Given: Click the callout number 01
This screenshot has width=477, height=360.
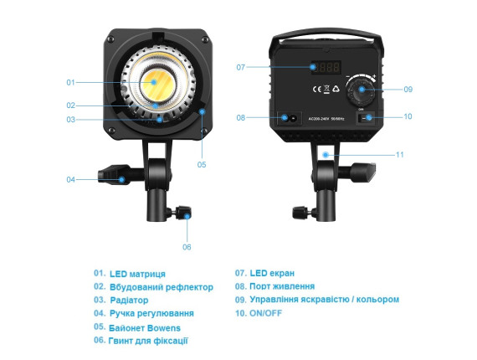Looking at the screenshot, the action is click(70, 83).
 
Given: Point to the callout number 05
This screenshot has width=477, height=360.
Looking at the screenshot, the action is click(202, 165).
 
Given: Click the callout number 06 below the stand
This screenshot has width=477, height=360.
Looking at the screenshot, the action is click(187, 247).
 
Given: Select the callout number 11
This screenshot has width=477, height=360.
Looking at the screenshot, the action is click(399, 155).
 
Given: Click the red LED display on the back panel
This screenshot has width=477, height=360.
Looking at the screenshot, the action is click(326, 67).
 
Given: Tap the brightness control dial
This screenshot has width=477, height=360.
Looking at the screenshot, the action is click(362, 90).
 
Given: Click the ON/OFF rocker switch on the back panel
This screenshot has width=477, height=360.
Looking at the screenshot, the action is click(366, 118).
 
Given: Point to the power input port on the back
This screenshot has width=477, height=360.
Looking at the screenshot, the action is click(290, 118).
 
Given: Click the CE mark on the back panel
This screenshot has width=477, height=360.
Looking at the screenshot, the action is click(317, 90).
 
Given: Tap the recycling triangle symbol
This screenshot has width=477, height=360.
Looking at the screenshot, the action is click(336, 89).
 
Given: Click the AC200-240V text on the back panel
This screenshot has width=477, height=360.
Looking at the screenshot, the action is click(319, 119).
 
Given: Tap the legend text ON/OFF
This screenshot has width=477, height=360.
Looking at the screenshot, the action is click(265, 313).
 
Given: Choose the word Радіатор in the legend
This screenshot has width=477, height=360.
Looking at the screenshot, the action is click(129, 301).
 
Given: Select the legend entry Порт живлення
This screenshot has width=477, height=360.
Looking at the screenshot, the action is click(282, 286).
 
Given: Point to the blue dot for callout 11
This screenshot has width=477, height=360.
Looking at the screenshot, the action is click(326, 155).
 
